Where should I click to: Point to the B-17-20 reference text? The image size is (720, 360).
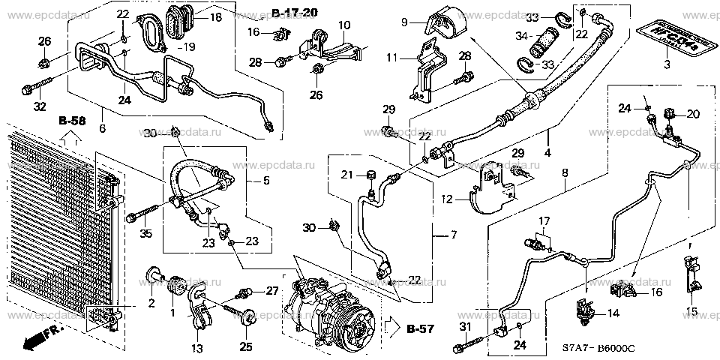coord(295,13)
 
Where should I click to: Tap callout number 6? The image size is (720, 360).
coord(102,128)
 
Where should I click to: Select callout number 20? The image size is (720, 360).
coord(692,113)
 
